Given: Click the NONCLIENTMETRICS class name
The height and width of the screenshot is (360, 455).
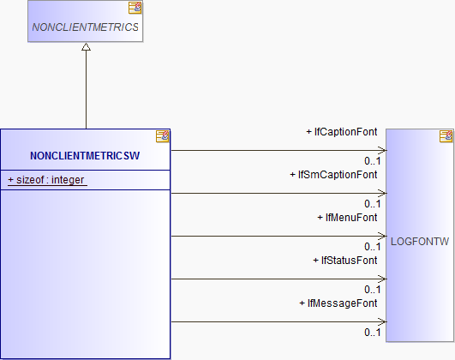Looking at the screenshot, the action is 85,27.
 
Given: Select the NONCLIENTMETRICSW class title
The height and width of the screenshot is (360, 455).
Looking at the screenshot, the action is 85,156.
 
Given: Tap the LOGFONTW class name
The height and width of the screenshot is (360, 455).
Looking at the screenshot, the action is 420,242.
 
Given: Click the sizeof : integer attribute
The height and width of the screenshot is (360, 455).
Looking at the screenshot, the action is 47,180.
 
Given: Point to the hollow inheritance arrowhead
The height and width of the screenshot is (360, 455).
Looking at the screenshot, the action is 86,47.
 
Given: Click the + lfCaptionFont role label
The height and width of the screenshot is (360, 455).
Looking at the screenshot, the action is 342,132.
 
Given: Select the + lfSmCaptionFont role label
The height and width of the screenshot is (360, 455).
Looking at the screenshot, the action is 333,175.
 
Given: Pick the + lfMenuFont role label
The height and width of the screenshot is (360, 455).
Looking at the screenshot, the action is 347,218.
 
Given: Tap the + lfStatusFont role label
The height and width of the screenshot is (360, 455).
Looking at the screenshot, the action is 345,261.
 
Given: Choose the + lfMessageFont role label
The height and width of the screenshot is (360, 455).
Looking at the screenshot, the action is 338,303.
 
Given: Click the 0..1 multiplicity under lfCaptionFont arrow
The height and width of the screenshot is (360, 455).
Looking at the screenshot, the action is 372,161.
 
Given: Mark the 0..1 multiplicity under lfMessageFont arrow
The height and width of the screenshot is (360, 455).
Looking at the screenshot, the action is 372,333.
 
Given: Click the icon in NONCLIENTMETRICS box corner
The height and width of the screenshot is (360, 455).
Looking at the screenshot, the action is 135,8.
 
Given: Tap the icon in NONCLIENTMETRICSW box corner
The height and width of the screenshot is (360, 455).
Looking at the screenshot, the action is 163,136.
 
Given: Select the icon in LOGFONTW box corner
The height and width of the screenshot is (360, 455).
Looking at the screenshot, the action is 446,136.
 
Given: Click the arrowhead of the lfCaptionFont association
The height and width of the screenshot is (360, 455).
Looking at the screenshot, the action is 382,150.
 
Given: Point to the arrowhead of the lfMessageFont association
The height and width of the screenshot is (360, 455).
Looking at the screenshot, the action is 382,321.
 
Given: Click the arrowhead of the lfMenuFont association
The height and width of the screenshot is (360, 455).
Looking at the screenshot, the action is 382,236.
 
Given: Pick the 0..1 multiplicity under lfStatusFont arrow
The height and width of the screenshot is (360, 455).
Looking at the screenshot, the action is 372,290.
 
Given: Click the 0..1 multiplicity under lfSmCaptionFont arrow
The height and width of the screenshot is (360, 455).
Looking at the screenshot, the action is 372,204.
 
